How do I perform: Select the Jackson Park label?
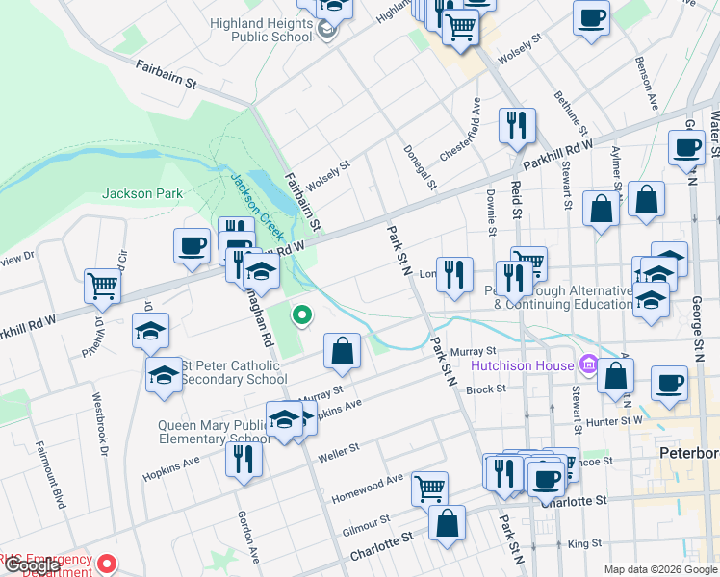tap(142, 193)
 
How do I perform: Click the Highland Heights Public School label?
tap(254, 29)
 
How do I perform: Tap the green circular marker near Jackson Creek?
tap(301, 314)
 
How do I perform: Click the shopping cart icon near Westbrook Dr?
tap(102, 285)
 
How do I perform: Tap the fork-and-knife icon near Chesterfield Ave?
tap(517, 126)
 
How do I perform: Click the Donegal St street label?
tap(421, 165)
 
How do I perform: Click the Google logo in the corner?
tap(31, 566)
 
